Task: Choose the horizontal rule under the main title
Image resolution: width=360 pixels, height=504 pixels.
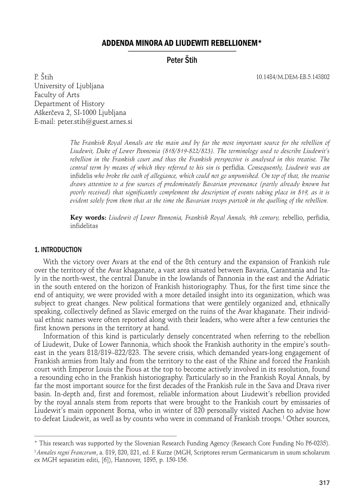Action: coord(182,51)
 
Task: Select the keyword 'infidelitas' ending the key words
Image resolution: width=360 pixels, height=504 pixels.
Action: coord(84,227)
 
